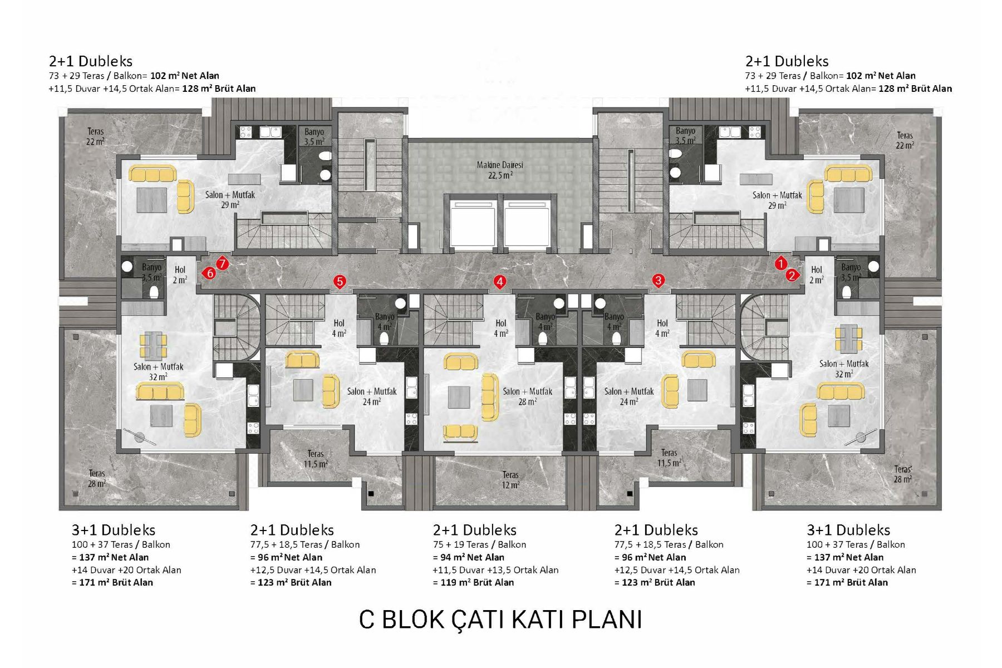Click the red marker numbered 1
780,263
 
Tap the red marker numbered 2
792,275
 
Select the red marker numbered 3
659,281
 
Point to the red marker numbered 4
500,282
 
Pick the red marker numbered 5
340,282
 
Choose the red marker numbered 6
209,273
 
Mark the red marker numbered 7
222,263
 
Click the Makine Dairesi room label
500,170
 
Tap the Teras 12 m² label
510,480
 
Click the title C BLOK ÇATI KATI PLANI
500,620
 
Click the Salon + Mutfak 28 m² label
527,396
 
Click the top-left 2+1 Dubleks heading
91,61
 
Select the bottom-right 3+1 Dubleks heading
848,530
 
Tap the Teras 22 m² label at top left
95,136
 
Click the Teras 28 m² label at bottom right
902,474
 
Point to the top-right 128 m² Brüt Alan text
915,89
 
